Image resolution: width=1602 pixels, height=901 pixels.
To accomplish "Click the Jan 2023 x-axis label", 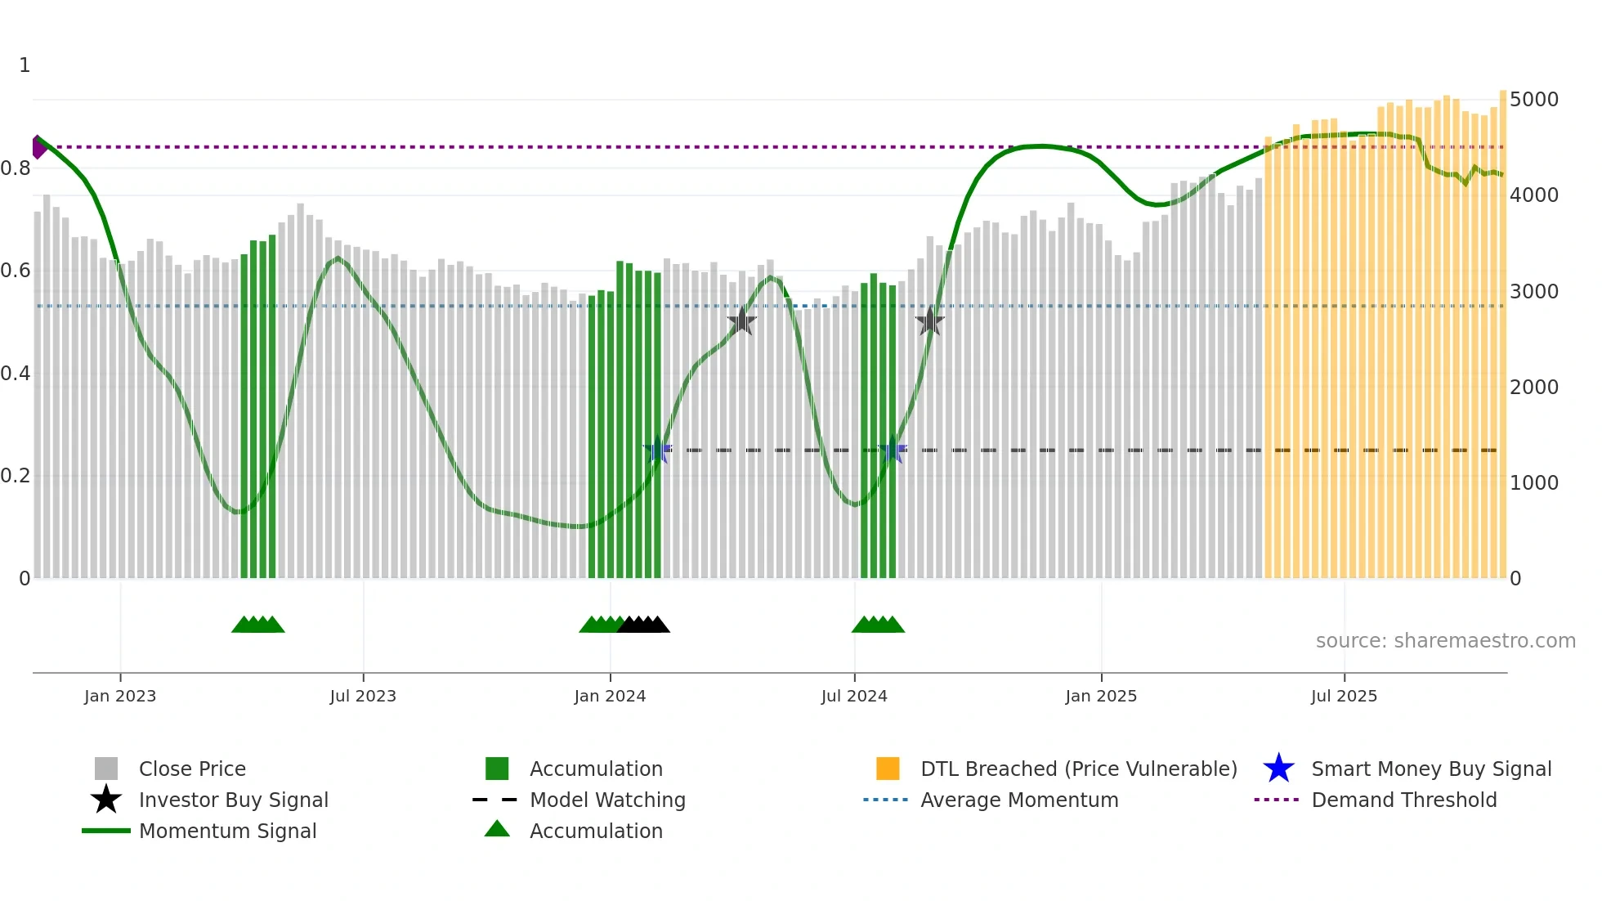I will pos(119,696).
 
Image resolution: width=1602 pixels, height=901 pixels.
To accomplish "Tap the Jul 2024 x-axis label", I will pos(854,696).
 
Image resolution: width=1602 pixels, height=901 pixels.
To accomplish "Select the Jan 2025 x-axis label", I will pos(1101,696).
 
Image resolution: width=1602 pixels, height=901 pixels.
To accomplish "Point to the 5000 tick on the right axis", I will pos(1533,100).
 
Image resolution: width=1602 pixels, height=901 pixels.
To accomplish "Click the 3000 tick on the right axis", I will pos(1533,292).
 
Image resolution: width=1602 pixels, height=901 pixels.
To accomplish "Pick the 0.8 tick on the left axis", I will pos(16,168).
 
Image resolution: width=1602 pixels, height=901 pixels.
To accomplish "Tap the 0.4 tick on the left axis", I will pos(16,374).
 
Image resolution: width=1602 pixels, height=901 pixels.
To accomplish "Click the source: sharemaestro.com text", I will pos(1445,641).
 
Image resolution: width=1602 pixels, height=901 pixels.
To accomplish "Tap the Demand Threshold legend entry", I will pos(1403,800).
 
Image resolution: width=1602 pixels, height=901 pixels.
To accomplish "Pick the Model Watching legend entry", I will pos(606,800).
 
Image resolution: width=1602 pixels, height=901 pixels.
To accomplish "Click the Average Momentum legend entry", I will pos(1018,800).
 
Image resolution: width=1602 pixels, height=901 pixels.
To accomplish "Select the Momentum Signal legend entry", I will pos(227,831).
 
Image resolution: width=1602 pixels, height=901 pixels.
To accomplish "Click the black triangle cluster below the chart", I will pos(644,625).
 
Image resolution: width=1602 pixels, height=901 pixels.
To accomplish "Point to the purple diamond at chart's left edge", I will pos(38,147).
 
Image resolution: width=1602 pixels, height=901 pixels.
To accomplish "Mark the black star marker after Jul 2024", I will pos(929,321).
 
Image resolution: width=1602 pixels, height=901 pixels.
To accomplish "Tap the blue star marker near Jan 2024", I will pos(657,450).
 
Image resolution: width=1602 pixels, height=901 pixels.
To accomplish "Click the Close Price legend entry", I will pos(191,769).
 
